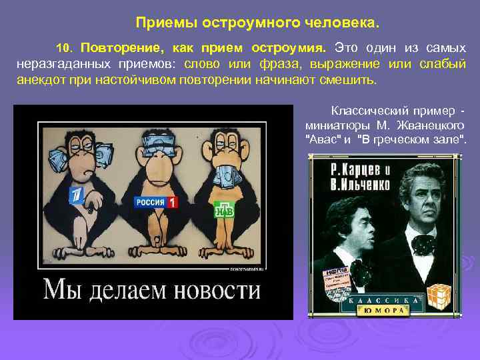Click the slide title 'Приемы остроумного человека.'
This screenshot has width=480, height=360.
click(257, 23)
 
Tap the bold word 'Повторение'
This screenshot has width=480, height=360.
click(121, 48)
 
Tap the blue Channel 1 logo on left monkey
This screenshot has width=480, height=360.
click(77, 195)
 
